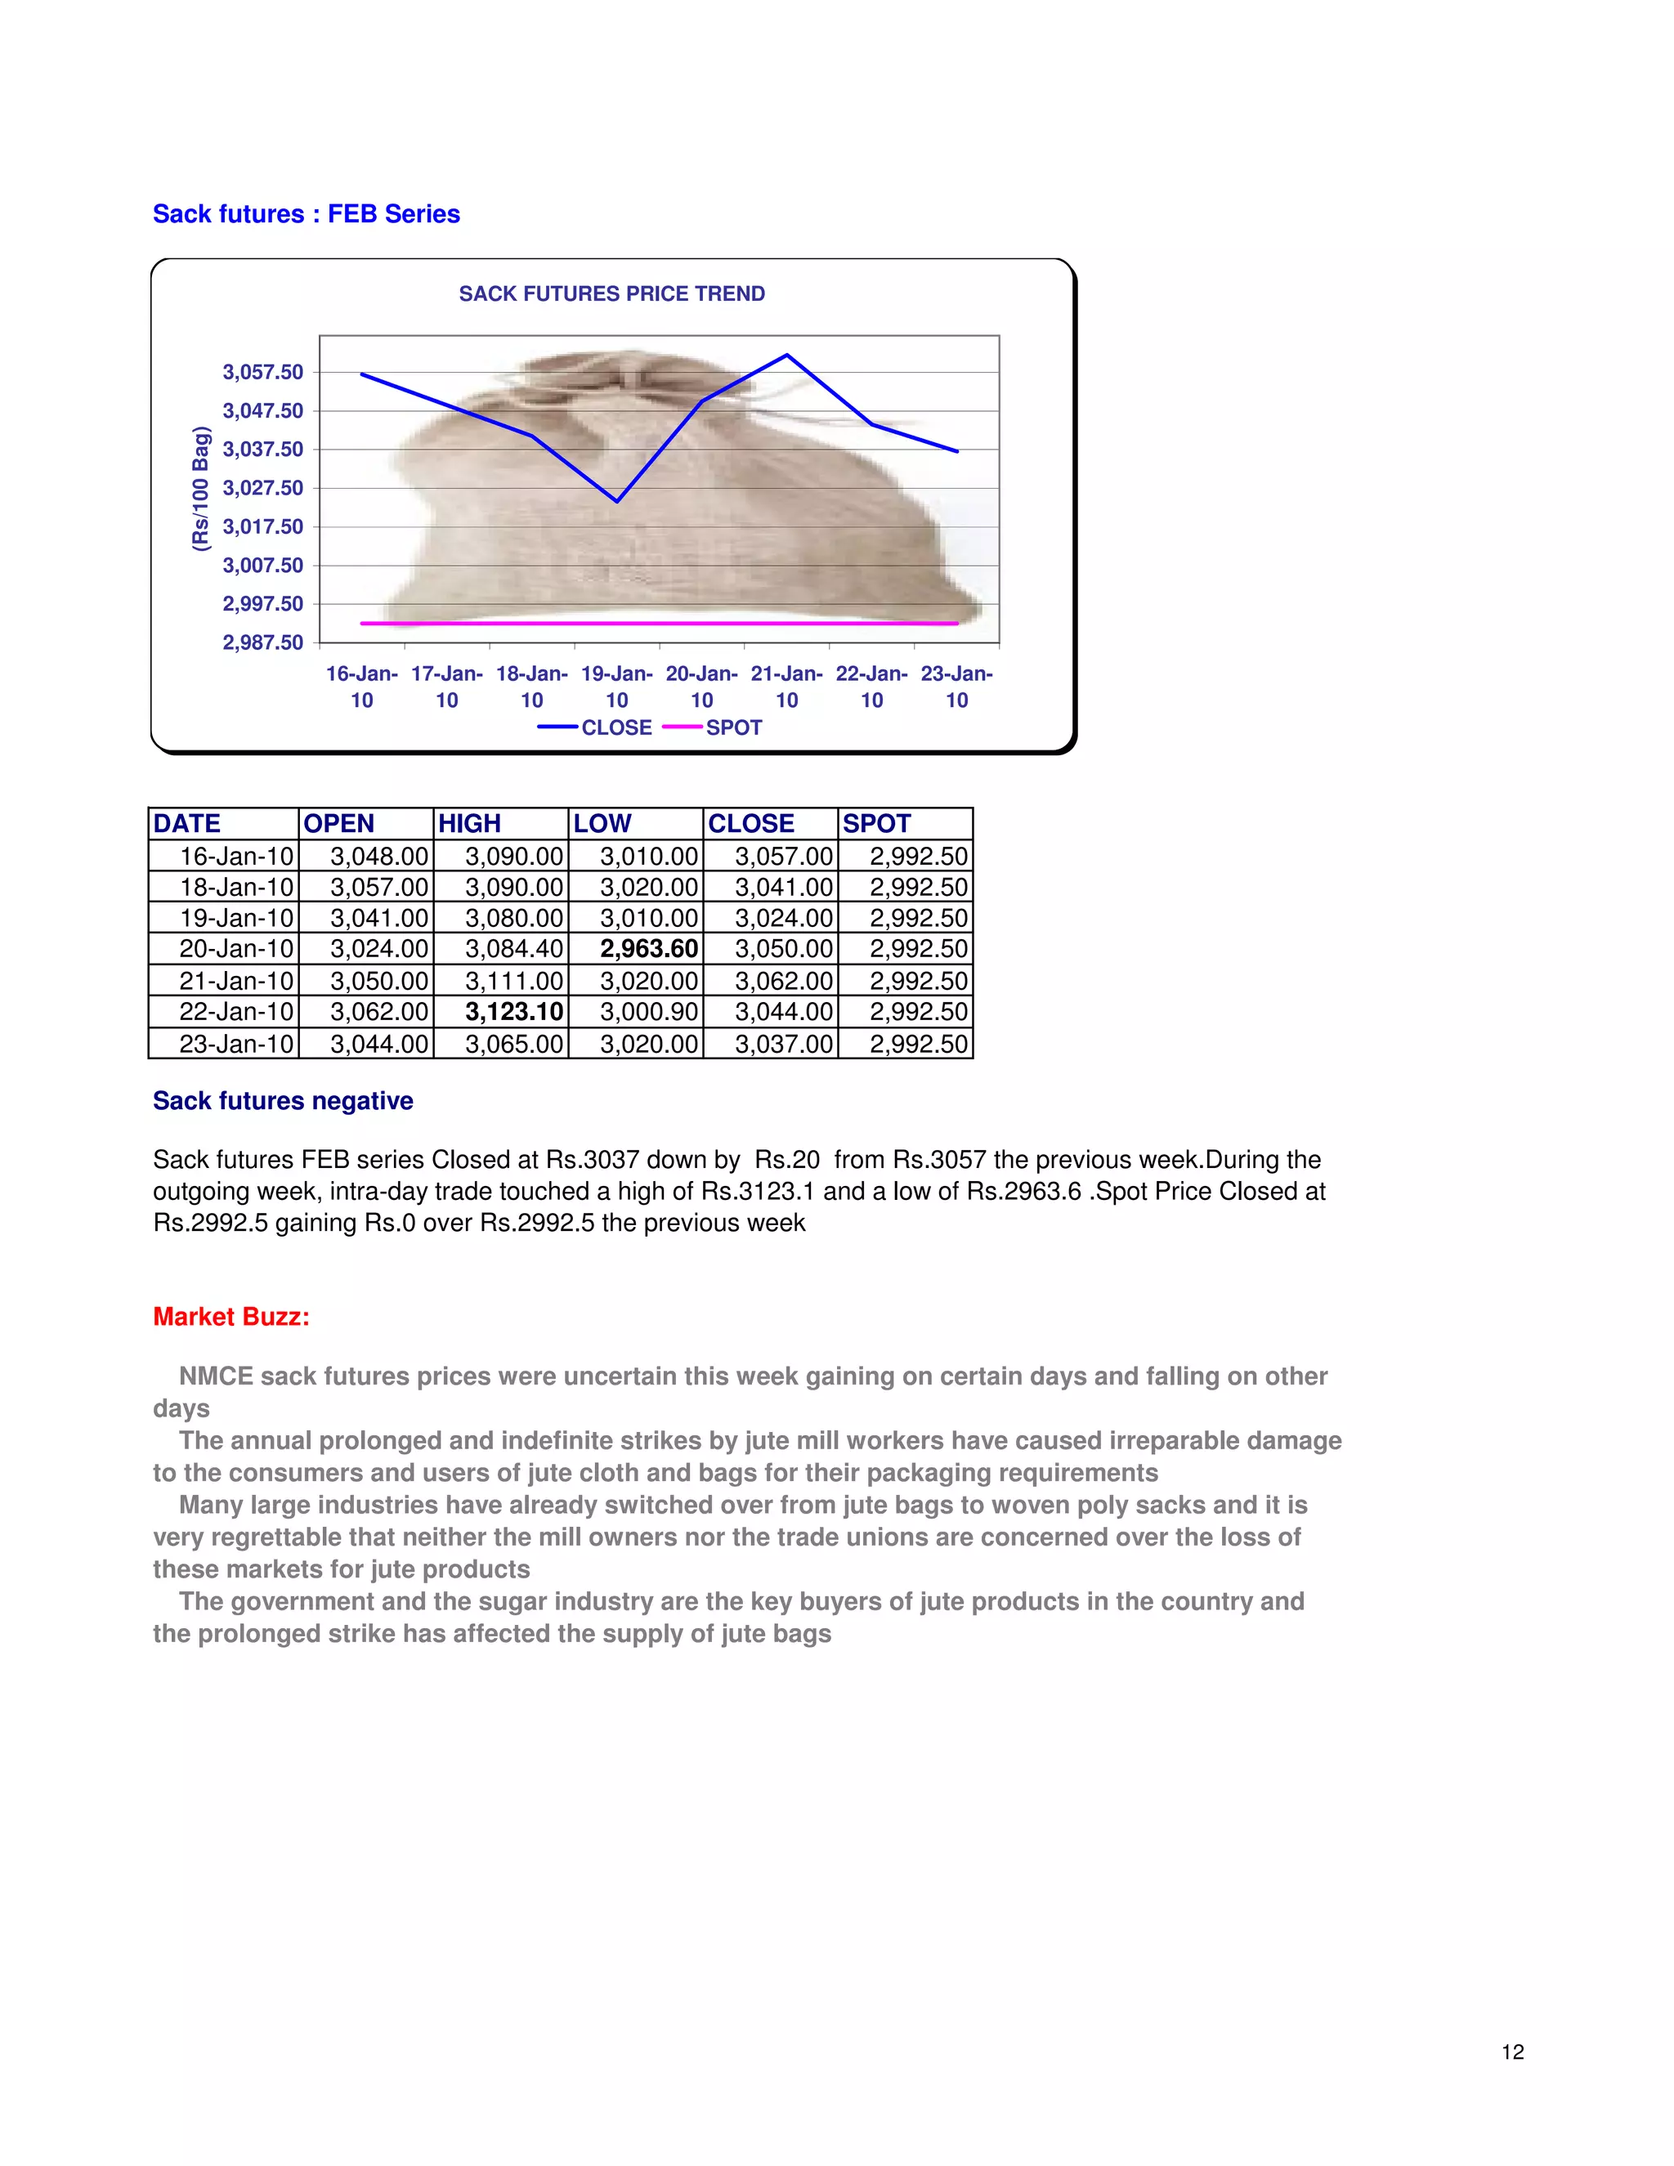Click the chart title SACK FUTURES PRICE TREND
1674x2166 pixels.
point(612,293)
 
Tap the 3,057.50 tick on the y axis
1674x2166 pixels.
point(263,372)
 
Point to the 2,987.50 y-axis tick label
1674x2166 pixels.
point(263,642)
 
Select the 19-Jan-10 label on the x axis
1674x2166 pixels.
point(617,687)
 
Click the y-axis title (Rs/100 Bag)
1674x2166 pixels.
point(201,488)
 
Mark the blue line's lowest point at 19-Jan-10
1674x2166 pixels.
point(617,501)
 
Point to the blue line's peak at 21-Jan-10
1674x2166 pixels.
point(787,355)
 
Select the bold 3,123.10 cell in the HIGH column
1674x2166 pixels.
point(513,1012)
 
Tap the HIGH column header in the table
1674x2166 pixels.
point(470,823)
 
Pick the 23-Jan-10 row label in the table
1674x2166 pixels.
point(237,1043)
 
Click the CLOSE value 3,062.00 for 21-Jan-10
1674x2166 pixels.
point(783,981)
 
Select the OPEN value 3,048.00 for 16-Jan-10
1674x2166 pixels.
point(378,856)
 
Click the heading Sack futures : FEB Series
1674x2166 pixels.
point(307,214)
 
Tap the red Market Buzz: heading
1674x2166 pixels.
point(231,1317)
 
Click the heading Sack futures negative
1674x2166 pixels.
point(283,1101)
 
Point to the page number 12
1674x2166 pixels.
point(1512,2052)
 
